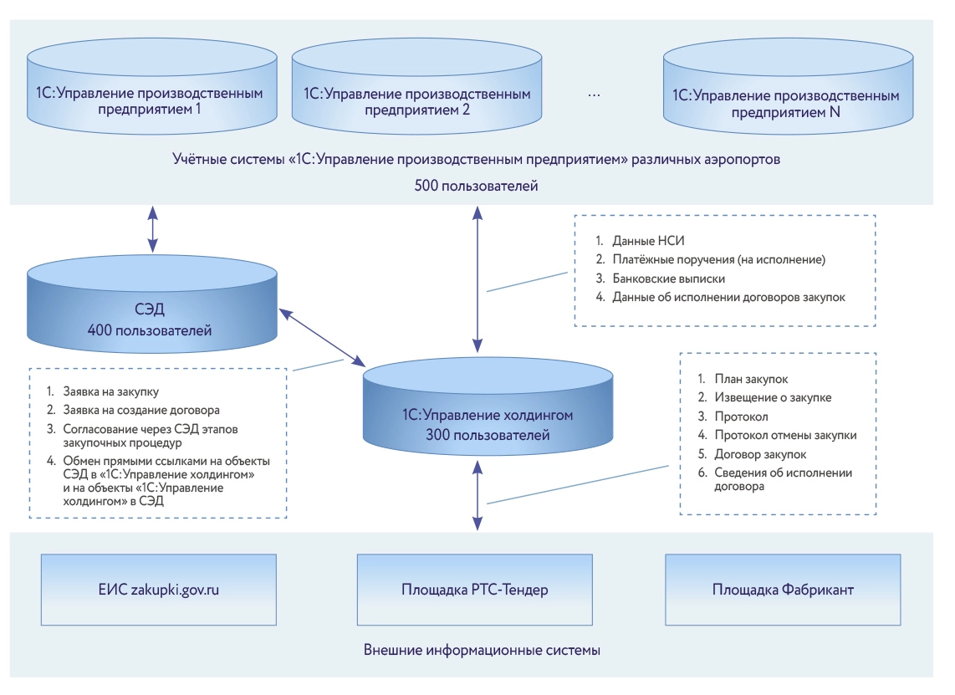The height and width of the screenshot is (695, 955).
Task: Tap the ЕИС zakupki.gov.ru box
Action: (x=159, y=590)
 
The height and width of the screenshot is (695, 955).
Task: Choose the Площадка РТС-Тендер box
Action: (x=475, y=590)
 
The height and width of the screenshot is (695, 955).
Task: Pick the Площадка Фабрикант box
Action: (x=783, y=590)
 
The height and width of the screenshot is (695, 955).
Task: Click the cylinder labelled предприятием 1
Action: (x=151, y=100)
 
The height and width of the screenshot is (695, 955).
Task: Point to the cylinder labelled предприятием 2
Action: (x=416, y=100)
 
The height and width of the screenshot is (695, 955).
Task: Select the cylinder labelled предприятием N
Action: (x=785, y=100)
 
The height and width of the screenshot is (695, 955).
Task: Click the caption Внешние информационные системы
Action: (x=483, y=650)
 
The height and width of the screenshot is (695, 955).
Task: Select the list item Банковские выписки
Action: (x=667, y=278)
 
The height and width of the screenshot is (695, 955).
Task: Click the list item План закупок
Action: (x=750, y=379)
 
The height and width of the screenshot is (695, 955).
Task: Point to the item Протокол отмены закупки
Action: (x=784, y=435)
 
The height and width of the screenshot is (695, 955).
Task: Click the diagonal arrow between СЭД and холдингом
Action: (x=322, y=337)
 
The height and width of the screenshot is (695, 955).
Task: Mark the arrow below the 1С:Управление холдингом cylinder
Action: (x=477, y=497)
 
